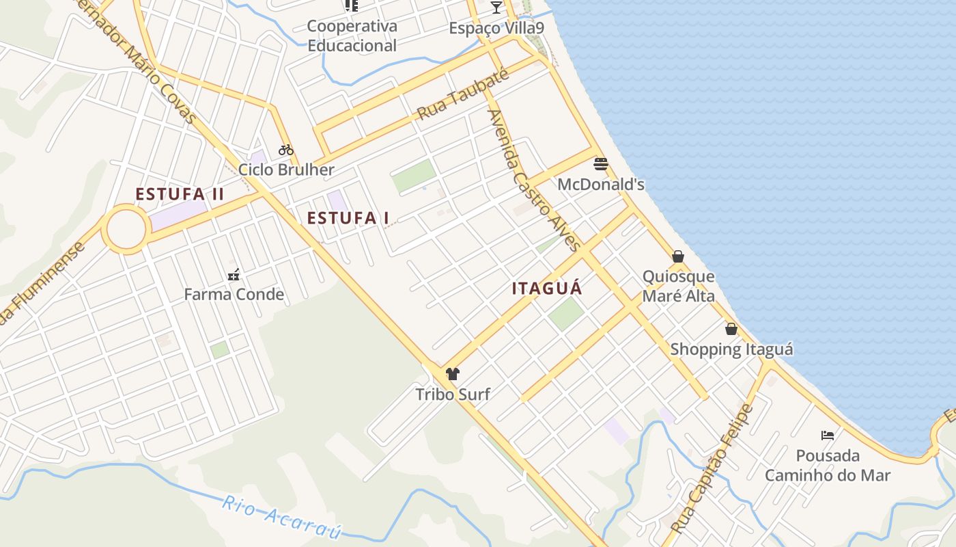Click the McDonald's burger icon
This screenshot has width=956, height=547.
[601, 164]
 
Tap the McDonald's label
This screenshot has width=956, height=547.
[601, 185]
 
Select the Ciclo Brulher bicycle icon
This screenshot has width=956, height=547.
[285, 150]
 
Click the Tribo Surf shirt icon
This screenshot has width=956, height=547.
[452, 374]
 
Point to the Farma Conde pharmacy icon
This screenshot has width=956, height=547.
[234, 275]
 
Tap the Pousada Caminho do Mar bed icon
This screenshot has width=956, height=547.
[828, 436]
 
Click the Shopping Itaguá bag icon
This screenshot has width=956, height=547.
[731, 330]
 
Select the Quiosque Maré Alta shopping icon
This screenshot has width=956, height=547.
[678, 256]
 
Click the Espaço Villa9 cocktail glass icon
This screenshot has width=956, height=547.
[496, 8]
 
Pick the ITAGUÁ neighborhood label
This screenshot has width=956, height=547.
[548, 289]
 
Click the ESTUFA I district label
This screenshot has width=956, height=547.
[348, 218]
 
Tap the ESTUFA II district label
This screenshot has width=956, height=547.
[180, 194]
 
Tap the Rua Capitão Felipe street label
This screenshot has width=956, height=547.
[712, 469]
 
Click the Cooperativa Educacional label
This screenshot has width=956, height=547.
[352, 36]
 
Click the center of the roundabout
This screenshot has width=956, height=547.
[126, 229]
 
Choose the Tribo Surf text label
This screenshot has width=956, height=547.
[453, 394]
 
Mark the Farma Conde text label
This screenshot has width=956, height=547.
[234, 295]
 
